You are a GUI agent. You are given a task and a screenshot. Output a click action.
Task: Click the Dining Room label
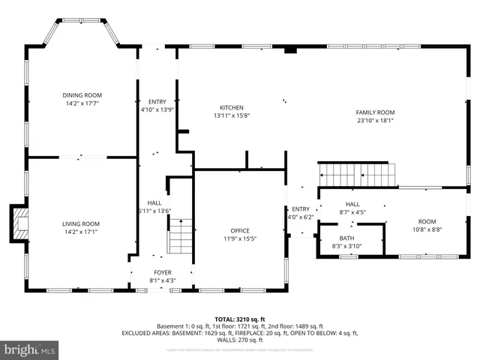82,95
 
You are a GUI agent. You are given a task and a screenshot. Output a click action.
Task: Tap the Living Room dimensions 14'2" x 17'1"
82,232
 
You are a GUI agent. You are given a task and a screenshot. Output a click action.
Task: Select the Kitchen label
231,107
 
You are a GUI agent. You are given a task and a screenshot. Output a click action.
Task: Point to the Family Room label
374,112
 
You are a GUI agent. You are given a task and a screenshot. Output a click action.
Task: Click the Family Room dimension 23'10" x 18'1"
374,120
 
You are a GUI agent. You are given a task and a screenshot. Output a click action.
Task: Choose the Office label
240,230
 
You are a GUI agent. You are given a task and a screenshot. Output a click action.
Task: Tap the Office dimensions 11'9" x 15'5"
240,238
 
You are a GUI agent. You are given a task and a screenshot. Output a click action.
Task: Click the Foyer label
162,273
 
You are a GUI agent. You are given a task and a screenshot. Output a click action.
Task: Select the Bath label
346,237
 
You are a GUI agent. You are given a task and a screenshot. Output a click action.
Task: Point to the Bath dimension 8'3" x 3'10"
346,246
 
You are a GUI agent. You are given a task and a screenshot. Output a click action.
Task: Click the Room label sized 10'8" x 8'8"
427,222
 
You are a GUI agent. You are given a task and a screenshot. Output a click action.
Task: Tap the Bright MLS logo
30,349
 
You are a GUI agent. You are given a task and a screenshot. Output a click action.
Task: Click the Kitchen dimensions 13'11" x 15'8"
231,115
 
